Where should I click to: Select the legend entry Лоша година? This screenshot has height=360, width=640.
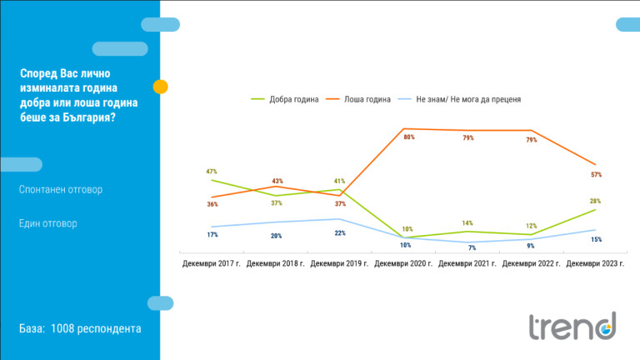367,99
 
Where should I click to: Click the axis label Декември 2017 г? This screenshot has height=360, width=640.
212,263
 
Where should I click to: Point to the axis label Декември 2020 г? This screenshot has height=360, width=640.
403,263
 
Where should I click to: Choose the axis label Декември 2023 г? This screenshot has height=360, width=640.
595,263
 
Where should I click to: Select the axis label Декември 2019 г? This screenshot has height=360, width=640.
339,263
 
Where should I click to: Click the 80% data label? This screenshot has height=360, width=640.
409,137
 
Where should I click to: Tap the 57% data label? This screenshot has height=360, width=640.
596,175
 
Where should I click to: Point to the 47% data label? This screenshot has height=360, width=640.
212,172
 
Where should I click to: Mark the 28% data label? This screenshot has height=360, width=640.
595,201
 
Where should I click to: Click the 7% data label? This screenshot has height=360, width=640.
471,248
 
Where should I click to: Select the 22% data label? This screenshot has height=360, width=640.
340,233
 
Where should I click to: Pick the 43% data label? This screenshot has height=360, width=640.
277,181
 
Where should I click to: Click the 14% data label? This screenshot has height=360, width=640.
467,223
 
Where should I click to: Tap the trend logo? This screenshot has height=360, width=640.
572,327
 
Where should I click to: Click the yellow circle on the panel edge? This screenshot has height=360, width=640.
161,86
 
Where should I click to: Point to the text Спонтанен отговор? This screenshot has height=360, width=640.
61,190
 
